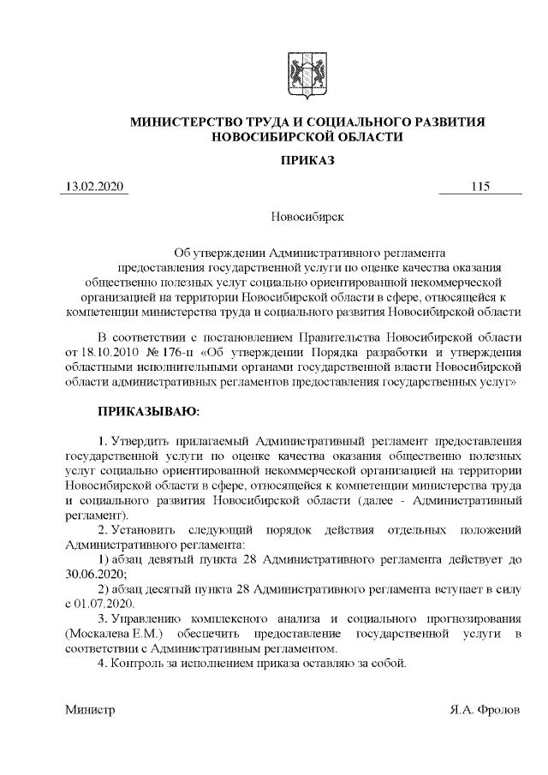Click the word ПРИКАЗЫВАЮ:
pos(148,412)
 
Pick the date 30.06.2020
pos(90,573)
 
